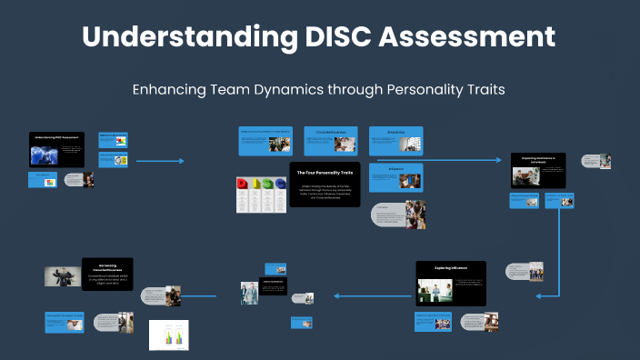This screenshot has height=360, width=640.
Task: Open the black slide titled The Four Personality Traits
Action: coord(325,185)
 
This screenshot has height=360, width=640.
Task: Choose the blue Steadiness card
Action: coord(395,141)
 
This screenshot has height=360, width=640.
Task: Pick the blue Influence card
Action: coord(395,177)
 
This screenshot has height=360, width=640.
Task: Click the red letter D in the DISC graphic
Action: coord(244,185)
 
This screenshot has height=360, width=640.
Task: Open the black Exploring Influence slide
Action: coord(450,284)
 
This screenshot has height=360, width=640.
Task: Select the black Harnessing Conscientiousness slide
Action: coord(107,274)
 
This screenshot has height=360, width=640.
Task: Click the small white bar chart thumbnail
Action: coord(169,335)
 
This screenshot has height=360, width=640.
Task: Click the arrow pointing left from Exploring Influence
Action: coord(373,295)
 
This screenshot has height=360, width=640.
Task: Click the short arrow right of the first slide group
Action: coord(159,162)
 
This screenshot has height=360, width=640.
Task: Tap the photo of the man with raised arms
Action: coord(63,276)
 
